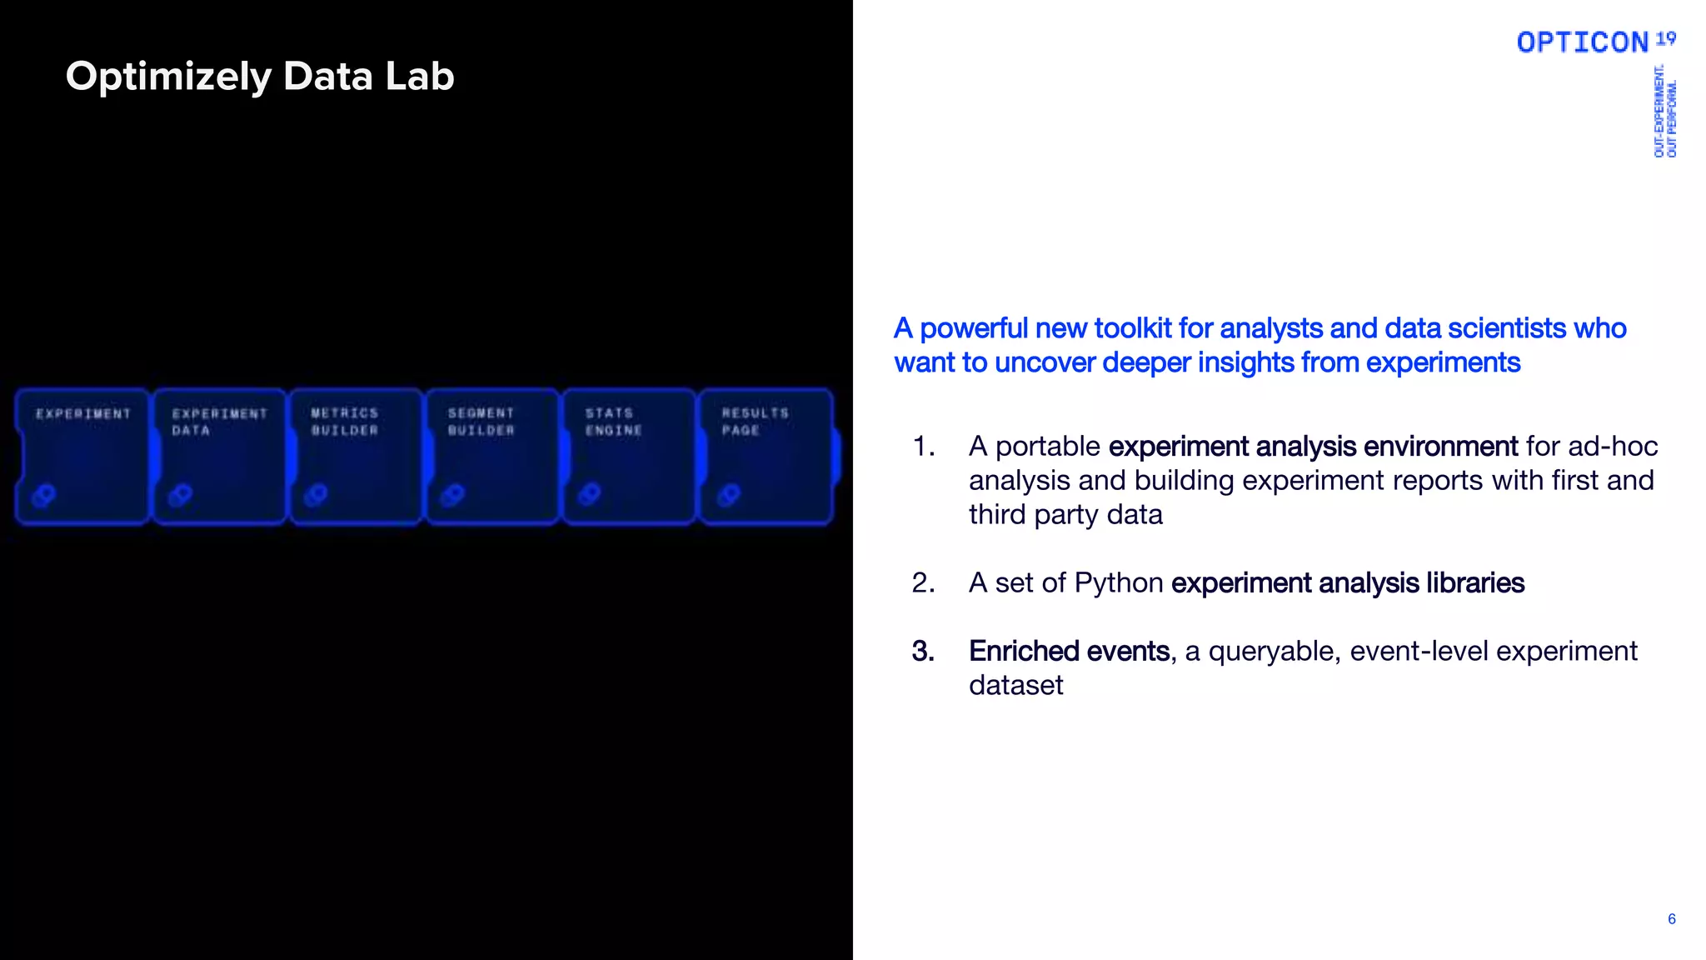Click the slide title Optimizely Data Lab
pos(260,77)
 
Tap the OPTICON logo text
pos(1582,42)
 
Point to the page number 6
pos(1671,919)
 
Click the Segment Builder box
pos(492,457)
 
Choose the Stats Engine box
pos(630,457)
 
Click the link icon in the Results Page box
pos(729,496)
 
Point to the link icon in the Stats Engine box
pos(590,495)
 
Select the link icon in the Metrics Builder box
pos(316,496)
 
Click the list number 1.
pos(923,447)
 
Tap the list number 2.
pos(923,583)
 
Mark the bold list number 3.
pos(923,652)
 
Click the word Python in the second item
pos(1119,583)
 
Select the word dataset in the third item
pos(1015,686)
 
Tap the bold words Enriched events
pos(1069,652)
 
